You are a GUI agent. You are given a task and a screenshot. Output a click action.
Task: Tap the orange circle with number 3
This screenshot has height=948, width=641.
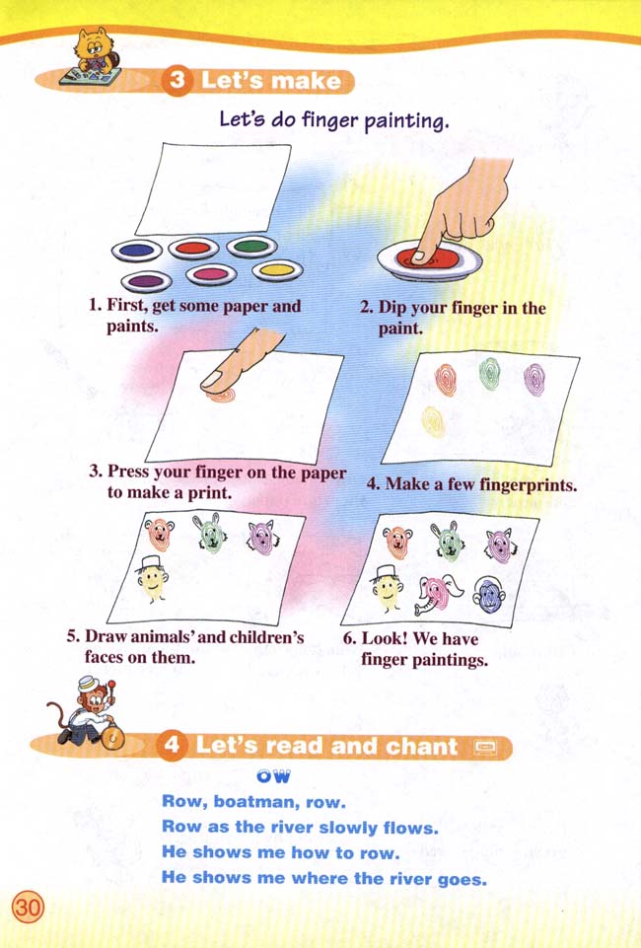click(x=178, y=82)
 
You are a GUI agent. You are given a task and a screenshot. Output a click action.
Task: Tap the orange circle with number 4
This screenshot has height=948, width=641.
click(x=173, y=747)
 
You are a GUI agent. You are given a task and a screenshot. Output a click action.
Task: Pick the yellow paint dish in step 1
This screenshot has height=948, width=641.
click(x=276, y=269)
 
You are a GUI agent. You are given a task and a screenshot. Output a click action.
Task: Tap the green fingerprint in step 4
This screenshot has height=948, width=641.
click(x=489, y=374)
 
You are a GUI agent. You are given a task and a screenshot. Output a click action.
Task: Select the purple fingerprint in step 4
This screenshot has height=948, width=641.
click(x=534, y=379)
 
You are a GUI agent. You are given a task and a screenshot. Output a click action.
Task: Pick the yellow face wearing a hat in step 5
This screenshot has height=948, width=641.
click(x=151, y=581)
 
